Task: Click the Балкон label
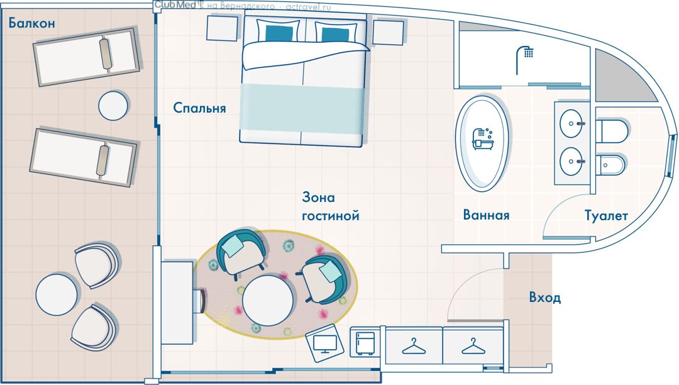(32, 23)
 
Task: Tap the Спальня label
(200, 108)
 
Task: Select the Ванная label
(486, 215)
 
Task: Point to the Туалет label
(606, 215)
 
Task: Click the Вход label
(544, 298)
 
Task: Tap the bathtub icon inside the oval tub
(482, 138)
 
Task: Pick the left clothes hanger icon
(414, 347)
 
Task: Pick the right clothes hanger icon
(473, 347)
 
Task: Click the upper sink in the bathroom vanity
(571, 123)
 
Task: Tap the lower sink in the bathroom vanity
(571, 161)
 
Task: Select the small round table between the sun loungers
(113, 105)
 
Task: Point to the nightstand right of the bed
(388, 30)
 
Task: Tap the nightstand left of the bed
(222, 28)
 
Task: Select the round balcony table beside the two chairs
(57, 294)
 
